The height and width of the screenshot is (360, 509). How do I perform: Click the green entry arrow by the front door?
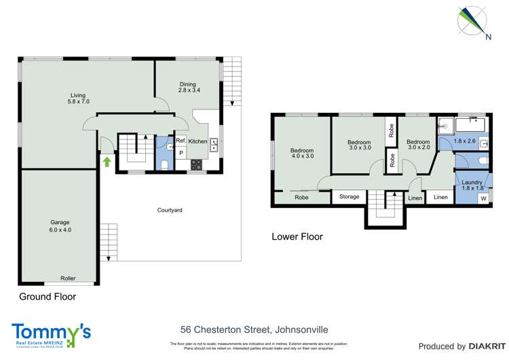click(x=106, y=161)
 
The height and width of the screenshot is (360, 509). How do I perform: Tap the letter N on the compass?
click(x=487, y=37)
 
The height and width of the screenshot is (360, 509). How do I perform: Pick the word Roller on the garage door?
click(x=68, y=278)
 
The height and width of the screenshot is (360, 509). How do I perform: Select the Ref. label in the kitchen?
click(x=181, y=141)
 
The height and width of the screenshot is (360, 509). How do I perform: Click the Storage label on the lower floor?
click(x=349, y=197)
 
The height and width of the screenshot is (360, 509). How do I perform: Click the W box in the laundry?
click(x=483, y=198)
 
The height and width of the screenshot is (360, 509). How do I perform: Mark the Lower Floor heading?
click(x=297, y=237)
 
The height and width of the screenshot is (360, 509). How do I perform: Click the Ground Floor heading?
click(x=48, y=297)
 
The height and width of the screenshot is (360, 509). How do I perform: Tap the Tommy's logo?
click(x=51, y=333)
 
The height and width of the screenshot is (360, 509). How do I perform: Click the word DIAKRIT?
click(x=483, y=346)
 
